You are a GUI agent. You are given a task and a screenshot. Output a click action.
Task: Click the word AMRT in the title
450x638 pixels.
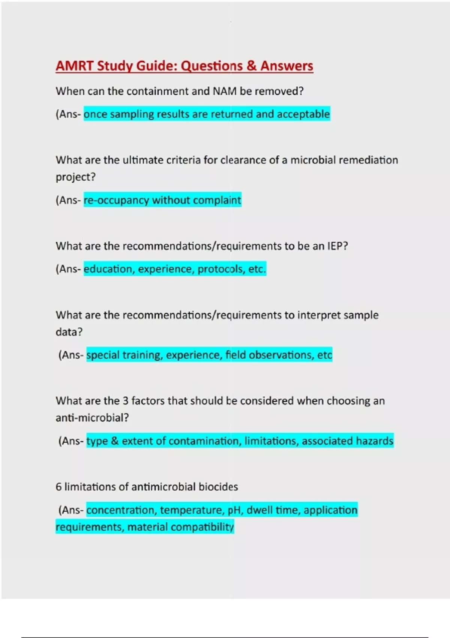tap(74, 66)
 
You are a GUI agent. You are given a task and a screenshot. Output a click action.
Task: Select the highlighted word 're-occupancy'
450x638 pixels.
tap(116, 200)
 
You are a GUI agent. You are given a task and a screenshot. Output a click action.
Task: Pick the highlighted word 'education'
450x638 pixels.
tap(108, 269)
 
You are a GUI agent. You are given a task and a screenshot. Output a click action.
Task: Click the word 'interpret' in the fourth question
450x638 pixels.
tap(313, 315)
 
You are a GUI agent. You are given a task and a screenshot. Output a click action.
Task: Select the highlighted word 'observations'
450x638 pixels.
tap(278, 355)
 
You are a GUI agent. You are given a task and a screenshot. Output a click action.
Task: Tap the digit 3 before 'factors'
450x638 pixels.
tap(126, 401)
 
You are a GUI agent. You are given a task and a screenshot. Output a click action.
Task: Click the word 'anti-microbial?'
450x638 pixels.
tap(92, 418)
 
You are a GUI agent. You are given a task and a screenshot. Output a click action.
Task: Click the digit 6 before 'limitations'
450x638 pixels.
tap(58, 487)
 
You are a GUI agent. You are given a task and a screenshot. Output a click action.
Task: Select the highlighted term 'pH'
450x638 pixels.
tap(235, 510)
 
